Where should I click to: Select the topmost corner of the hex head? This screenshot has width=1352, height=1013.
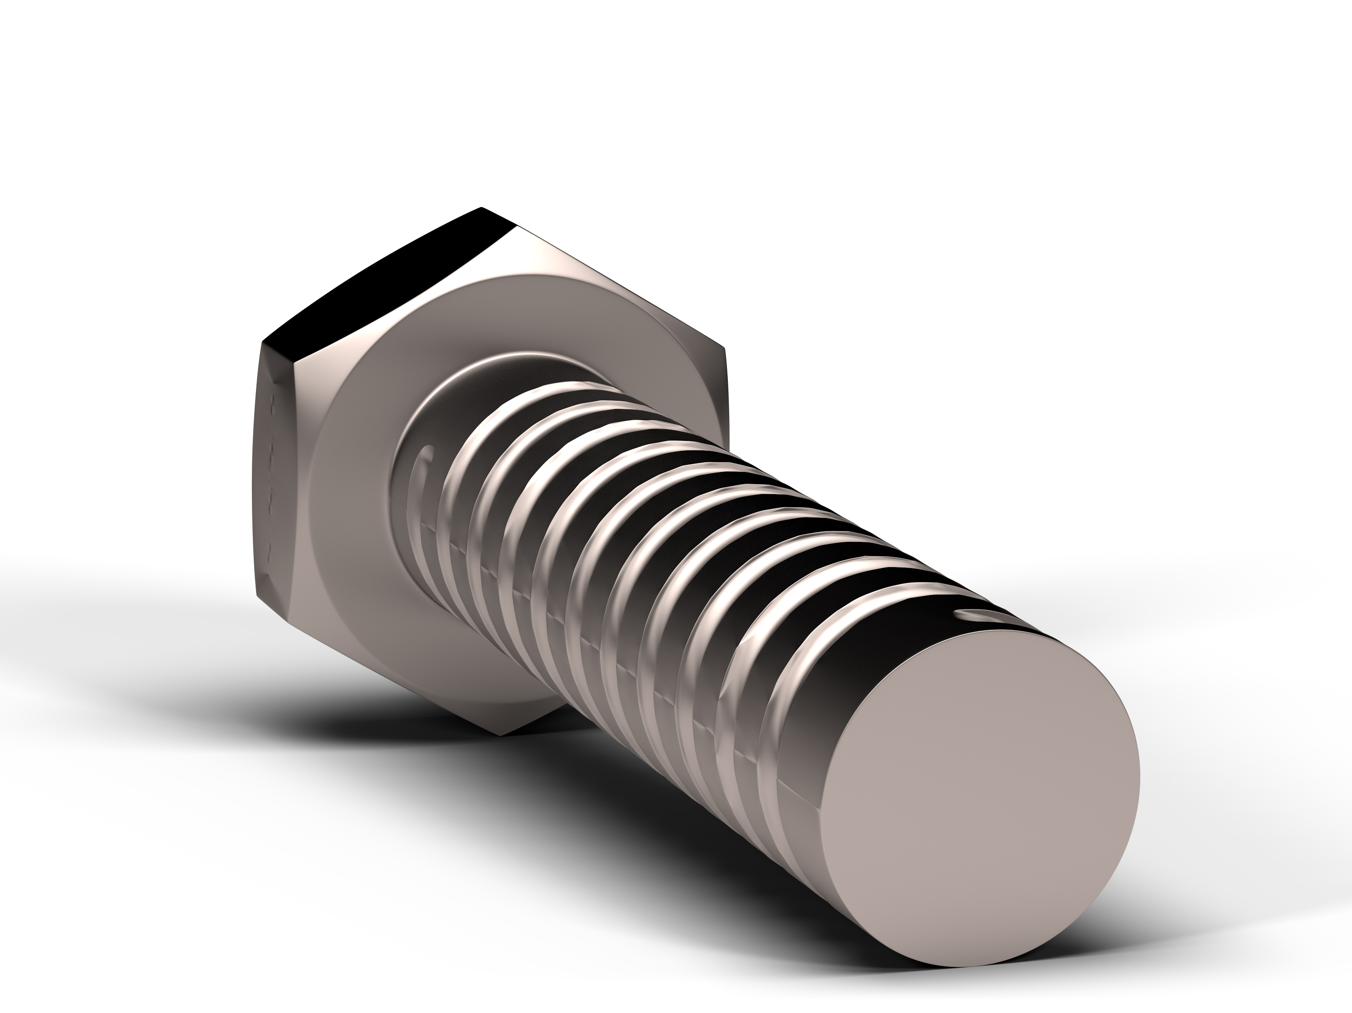tap(482, 208)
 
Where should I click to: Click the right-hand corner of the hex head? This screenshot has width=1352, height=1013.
tap(725, 348)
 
